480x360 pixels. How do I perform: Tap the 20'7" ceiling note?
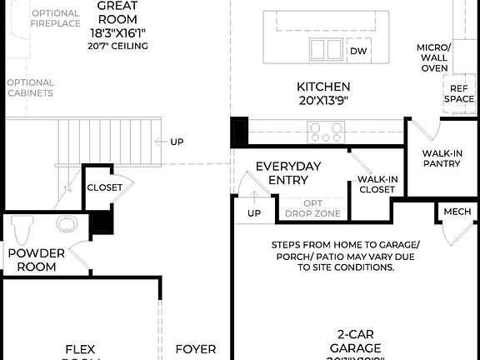(117, 46)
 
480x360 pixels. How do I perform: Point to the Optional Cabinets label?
(30, 87)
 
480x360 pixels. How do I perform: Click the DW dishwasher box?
(358, 52)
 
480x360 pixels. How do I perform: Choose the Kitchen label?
(323, 87)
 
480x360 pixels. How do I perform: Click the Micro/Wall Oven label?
(434, 57)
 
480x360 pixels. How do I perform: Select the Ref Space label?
(459, 93)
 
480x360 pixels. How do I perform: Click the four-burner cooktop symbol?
(326, 131)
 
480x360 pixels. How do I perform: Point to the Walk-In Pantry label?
(441, 158)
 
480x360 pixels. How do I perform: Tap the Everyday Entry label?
(287, 172)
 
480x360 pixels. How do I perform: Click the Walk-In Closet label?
(377, 184)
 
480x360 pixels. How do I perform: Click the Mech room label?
(457, 212)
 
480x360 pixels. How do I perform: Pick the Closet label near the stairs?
(104, 187)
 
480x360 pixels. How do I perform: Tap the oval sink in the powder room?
(66, 223)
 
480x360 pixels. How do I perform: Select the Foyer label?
(195, 350)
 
